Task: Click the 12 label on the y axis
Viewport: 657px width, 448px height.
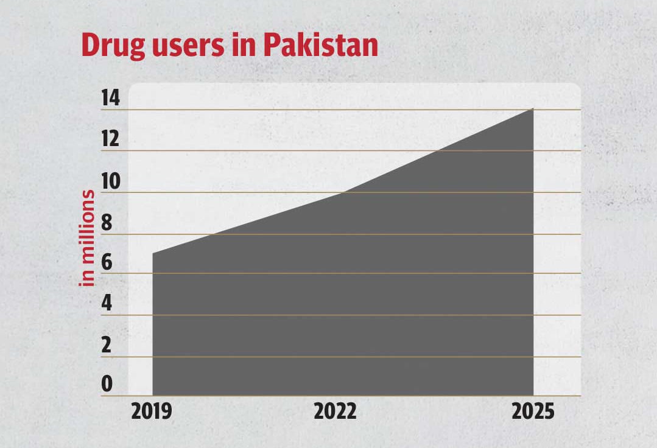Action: click(x=107, y=139)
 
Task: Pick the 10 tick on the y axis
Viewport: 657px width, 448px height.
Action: click(x=107, y=181)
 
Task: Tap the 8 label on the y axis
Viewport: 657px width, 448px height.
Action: click(x=107, y=223)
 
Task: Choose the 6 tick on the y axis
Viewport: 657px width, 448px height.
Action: click(x=107, y=263)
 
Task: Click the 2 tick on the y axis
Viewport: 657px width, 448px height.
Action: click(x=107, y=345)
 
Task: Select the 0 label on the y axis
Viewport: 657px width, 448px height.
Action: click(x=107, y=384)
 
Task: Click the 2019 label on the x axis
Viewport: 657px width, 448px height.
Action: click(x=152, y=412)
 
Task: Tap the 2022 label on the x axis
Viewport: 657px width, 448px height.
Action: click(x=335, y=412)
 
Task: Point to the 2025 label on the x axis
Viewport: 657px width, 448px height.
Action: click(x=533, y=412)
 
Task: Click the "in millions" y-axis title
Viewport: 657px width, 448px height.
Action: click(x=88, y=237)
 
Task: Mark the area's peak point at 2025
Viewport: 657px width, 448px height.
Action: click(x=533, y=109)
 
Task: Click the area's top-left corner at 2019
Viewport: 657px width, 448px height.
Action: click(x=152, y=253)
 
